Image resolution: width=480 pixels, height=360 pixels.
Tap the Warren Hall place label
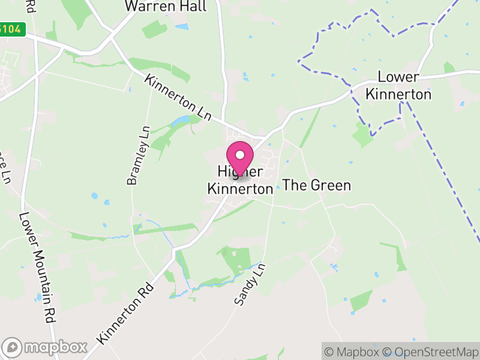(x=165, y=7)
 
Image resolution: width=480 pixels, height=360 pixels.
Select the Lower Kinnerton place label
(x=398, y=86)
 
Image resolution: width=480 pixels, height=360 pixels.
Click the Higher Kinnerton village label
(x=240, y=180)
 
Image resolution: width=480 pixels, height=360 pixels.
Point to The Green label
(x=316, y=185)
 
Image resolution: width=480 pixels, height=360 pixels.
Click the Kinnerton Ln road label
(x=178, y=97)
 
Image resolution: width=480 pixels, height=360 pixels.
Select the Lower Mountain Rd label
(x=37, y=268)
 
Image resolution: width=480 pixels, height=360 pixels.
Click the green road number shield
(x=12, y=29)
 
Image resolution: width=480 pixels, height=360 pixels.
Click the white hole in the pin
(x=240, y=155)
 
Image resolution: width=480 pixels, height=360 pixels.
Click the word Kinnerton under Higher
(x=240, y=188)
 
